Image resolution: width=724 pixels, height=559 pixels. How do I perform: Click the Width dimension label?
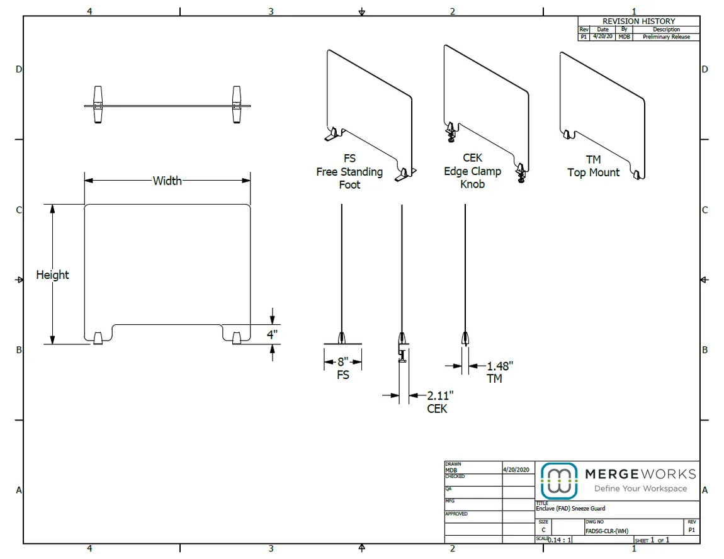(x=167, y=181)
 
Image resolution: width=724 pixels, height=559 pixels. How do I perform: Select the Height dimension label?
(x=52, y=274)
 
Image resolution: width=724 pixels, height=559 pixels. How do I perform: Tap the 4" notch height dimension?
(x=272, y=334)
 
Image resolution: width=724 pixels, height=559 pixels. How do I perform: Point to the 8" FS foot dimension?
(x=343, y=363)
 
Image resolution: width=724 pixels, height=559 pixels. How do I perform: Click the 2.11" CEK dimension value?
(x=440, y=395)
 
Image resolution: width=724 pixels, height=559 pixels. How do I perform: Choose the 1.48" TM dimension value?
(x=500, y=366)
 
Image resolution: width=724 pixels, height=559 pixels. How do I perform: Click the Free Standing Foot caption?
(x=349, y=172)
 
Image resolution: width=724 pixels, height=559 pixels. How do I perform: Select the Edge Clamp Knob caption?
(x=472, y=171)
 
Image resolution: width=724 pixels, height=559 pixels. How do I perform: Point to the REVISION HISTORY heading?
(x=638, y=21)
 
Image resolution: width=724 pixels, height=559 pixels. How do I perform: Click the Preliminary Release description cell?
(x=666, y=37)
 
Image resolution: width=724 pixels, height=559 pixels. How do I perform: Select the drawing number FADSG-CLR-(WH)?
(x=606, y=531)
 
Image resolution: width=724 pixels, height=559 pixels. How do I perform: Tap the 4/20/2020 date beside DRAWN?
(x=517, y=470)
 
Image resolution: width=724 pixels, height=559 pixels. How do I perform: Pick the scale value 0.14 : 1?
(x=560, y=540)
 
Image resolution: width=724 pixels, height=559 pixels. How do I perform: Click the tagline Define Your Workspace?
(x=640, y=488)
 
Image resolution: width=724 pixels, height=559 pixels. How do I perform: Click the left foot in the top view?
(x=98, y=105)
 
